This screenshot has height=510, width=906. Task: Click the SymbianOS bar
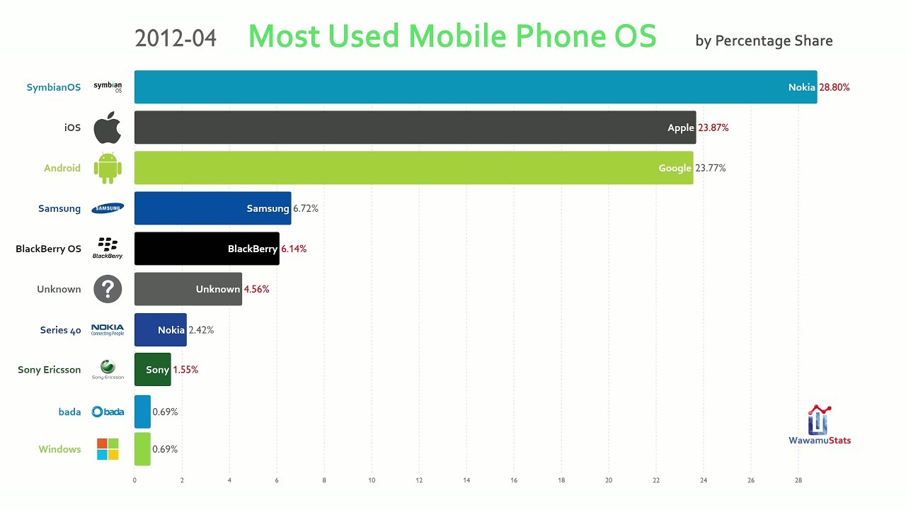pos(474,87)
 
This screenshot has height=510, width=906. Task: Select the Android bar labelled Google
pos(413,168)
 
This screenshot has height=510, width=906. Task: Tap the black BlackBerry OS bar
pos(207,249)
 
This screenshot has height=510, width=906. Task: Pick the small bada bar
pos(142,412)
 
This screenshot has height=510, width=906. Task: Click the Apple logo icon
pos(108,127)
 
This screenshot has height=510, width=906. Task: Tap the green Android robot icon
pos(108,168)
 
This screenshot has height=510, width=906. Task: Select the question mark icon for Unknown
pos(108,289)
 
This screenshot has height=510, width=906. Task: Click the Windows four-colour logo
pos(108,449)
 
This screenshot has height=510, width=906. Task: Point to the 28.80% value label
pos(835,88)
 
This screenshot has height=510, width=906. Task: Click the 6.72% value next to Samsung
pos(305,209)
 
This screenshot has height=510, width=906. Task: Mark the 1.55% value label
pos(185,370)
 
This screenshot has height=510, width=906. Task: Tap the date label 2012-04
pos(176,38)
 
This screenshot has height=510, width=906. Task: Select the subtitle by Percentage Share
pos(764,41)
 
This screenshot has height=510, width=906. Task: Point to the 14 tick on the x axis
pos(466,480)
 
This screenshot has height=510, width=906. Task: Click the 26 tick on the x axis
pos(751,480)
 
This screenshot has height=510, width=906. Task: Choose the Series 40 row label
pos(61,330)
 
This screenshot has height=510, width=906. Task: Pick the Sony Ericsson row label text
pos(50,370)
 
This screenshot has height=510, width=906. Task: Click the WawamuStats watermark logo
pos(820,426)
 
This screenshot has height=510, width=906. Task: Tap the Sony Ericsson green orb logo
pos(108,366)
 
